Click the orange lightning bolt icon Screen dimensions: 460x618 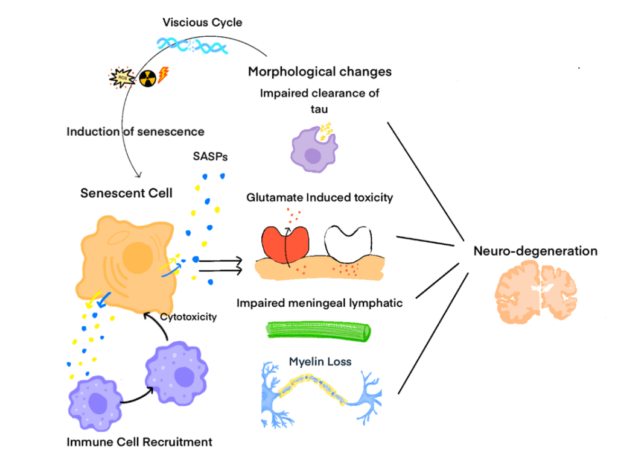(163, 75)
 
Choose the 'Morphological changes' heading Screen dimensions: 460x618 (320, 72)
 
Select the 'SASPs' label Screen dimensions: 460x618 (206, 157)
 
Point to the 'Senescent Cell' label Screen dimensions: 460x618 (126, 194)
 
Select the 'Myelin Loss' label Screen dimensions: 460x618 (328, 362)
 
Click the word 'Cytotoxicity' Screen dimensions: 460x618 (188, 317)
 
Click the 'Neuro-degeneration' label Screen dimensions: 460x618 (535, 251)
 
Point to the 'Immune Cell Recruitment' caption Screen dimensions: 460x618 (139, 442)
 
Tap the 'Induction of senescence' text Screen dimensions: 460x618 (135, 131)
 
